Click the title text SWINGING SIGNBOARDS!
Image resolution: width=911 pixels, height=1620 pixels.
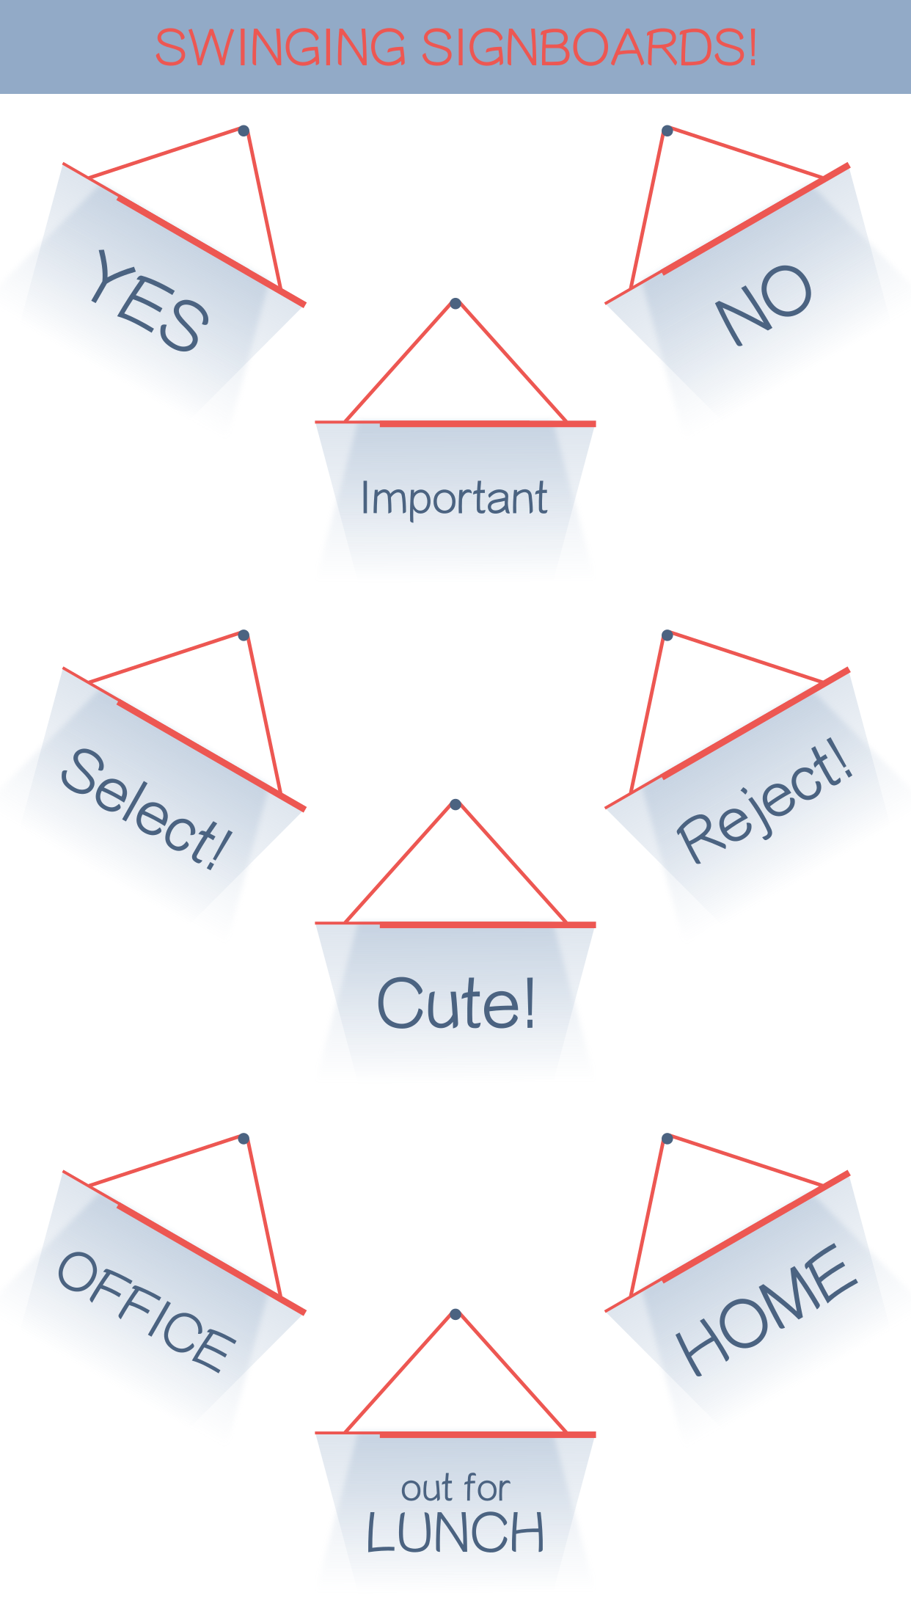click(455, 48)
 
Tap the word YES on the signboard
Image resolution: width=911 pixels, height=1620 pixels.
click(150, 300)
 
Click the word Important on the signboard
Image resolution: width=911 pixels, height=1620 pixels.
click(454, 499)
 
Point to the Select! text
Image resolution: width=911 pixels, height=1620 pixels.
click(147, 809)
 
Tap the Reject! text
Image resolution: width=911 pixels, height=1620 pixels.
click(765, 800)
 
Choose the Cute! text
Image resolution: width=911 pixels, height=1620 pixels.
click(455, 1003)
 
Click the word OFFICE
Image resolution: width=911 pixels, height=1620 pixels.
click(147, 1311)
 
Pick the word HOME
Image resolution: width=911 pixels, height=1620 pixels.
click(766, 1309)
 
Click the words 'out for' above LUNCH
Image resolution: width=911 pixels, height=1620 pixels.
click(455, 1489)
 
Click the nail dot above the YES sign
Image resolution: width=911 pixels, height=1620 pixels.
click(244, 131)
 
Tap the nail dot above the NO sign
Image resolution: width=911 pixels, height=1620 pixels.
click(667, 131)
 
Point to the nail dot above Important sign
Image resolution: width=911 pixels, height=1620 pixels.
click(455, 303)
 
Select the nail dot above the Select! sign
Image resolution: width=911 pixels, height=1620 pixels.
click(244, 635)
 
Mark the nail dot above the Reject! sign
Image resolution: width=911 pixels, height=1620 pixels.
click(667, 635)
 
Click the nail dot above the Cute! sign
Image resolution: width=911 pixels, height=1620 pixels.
click(455, 804)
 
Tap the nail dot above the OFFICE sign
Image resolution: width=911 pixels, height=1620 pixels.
click(244, 1138)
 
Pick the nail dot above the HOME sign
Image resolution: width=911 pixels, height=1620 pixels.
click(667, 1138)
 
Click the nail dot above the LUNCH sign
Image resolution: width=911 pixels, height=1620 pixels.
click(455, 1313)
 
